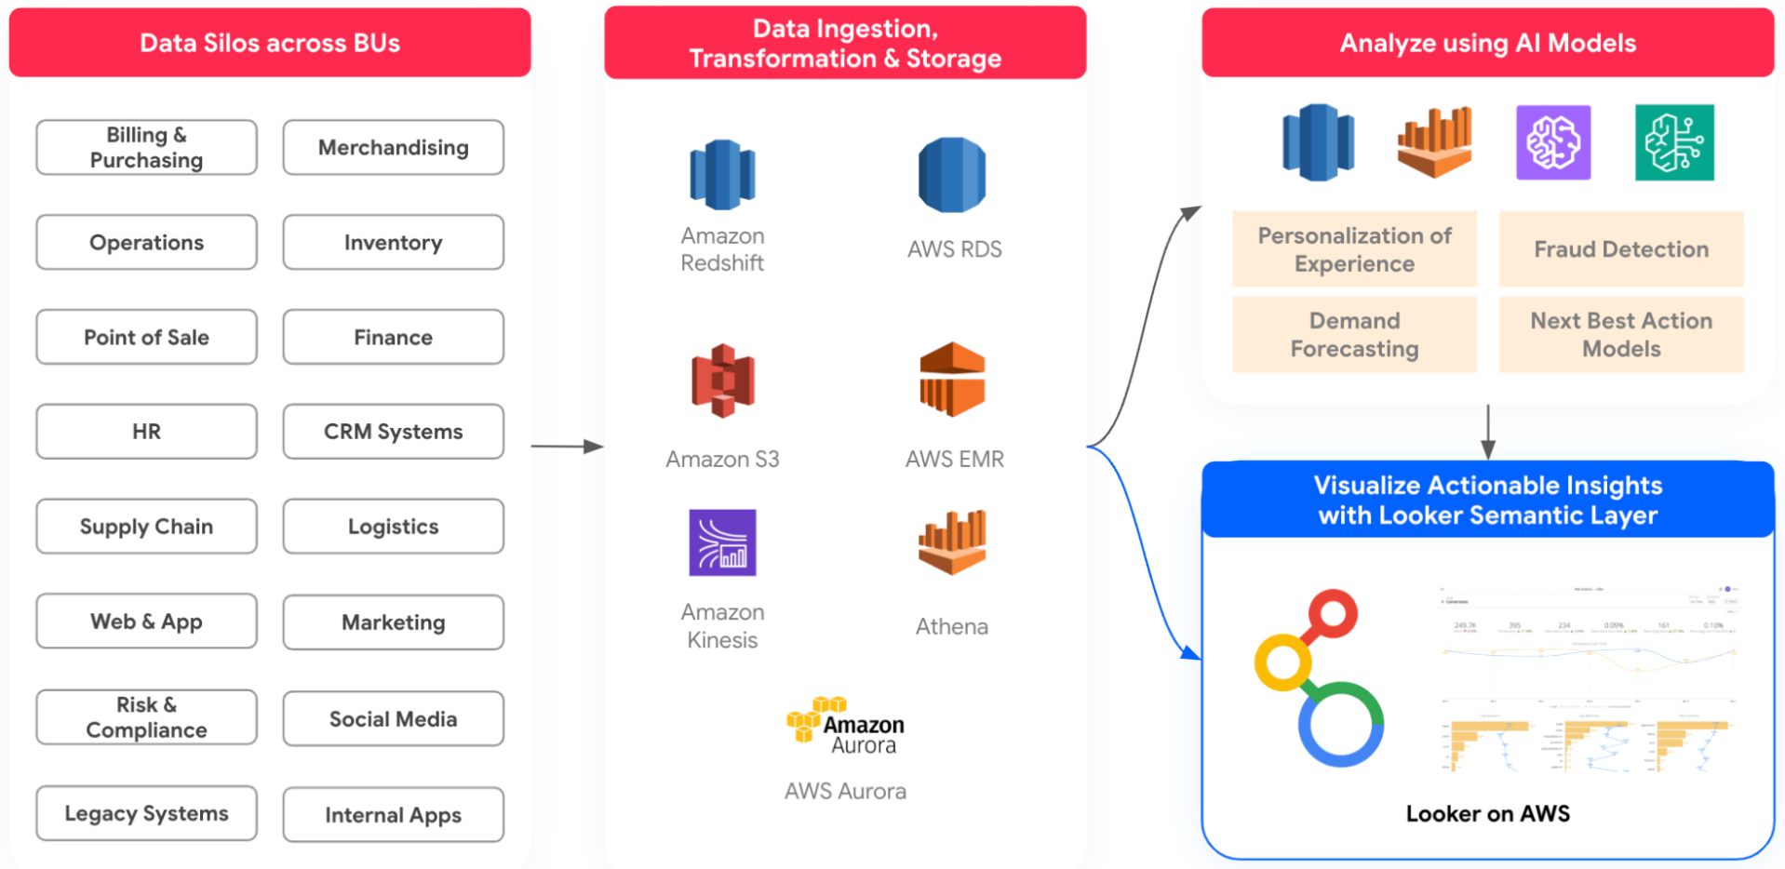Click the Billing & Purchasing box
(x=146, y=147)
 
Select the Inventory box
(x=393, y=243)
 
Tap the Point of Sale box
(x=146, y=337)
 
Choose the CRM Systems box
(x=393, y=432)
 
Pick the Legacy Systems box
(x=146, y=813)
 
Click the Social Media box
(x=393, y=719)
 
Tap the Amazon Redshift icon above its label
(x=722, y=175)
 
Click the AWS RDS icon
(x=952, y=175)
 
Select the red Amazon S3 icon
(x=723, y=381)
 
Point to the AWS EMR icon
(x=952, y=380)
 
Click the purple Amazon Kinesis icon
(x=722, y=542)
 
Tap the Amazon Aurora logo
(x=845, y=727)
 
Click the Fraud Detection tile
(x=1620, y=249)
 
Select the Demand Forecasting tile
(x=1354, y=335)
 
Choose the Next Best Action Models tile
(x=1620, y=335)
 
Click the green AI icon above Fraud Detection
(x=1674, y=142)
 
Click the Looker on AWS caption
(x=1487, y=814)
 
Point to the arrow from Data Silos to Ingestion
(x=567, y=447)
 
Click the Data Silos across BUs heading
(x=270, y=44)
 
